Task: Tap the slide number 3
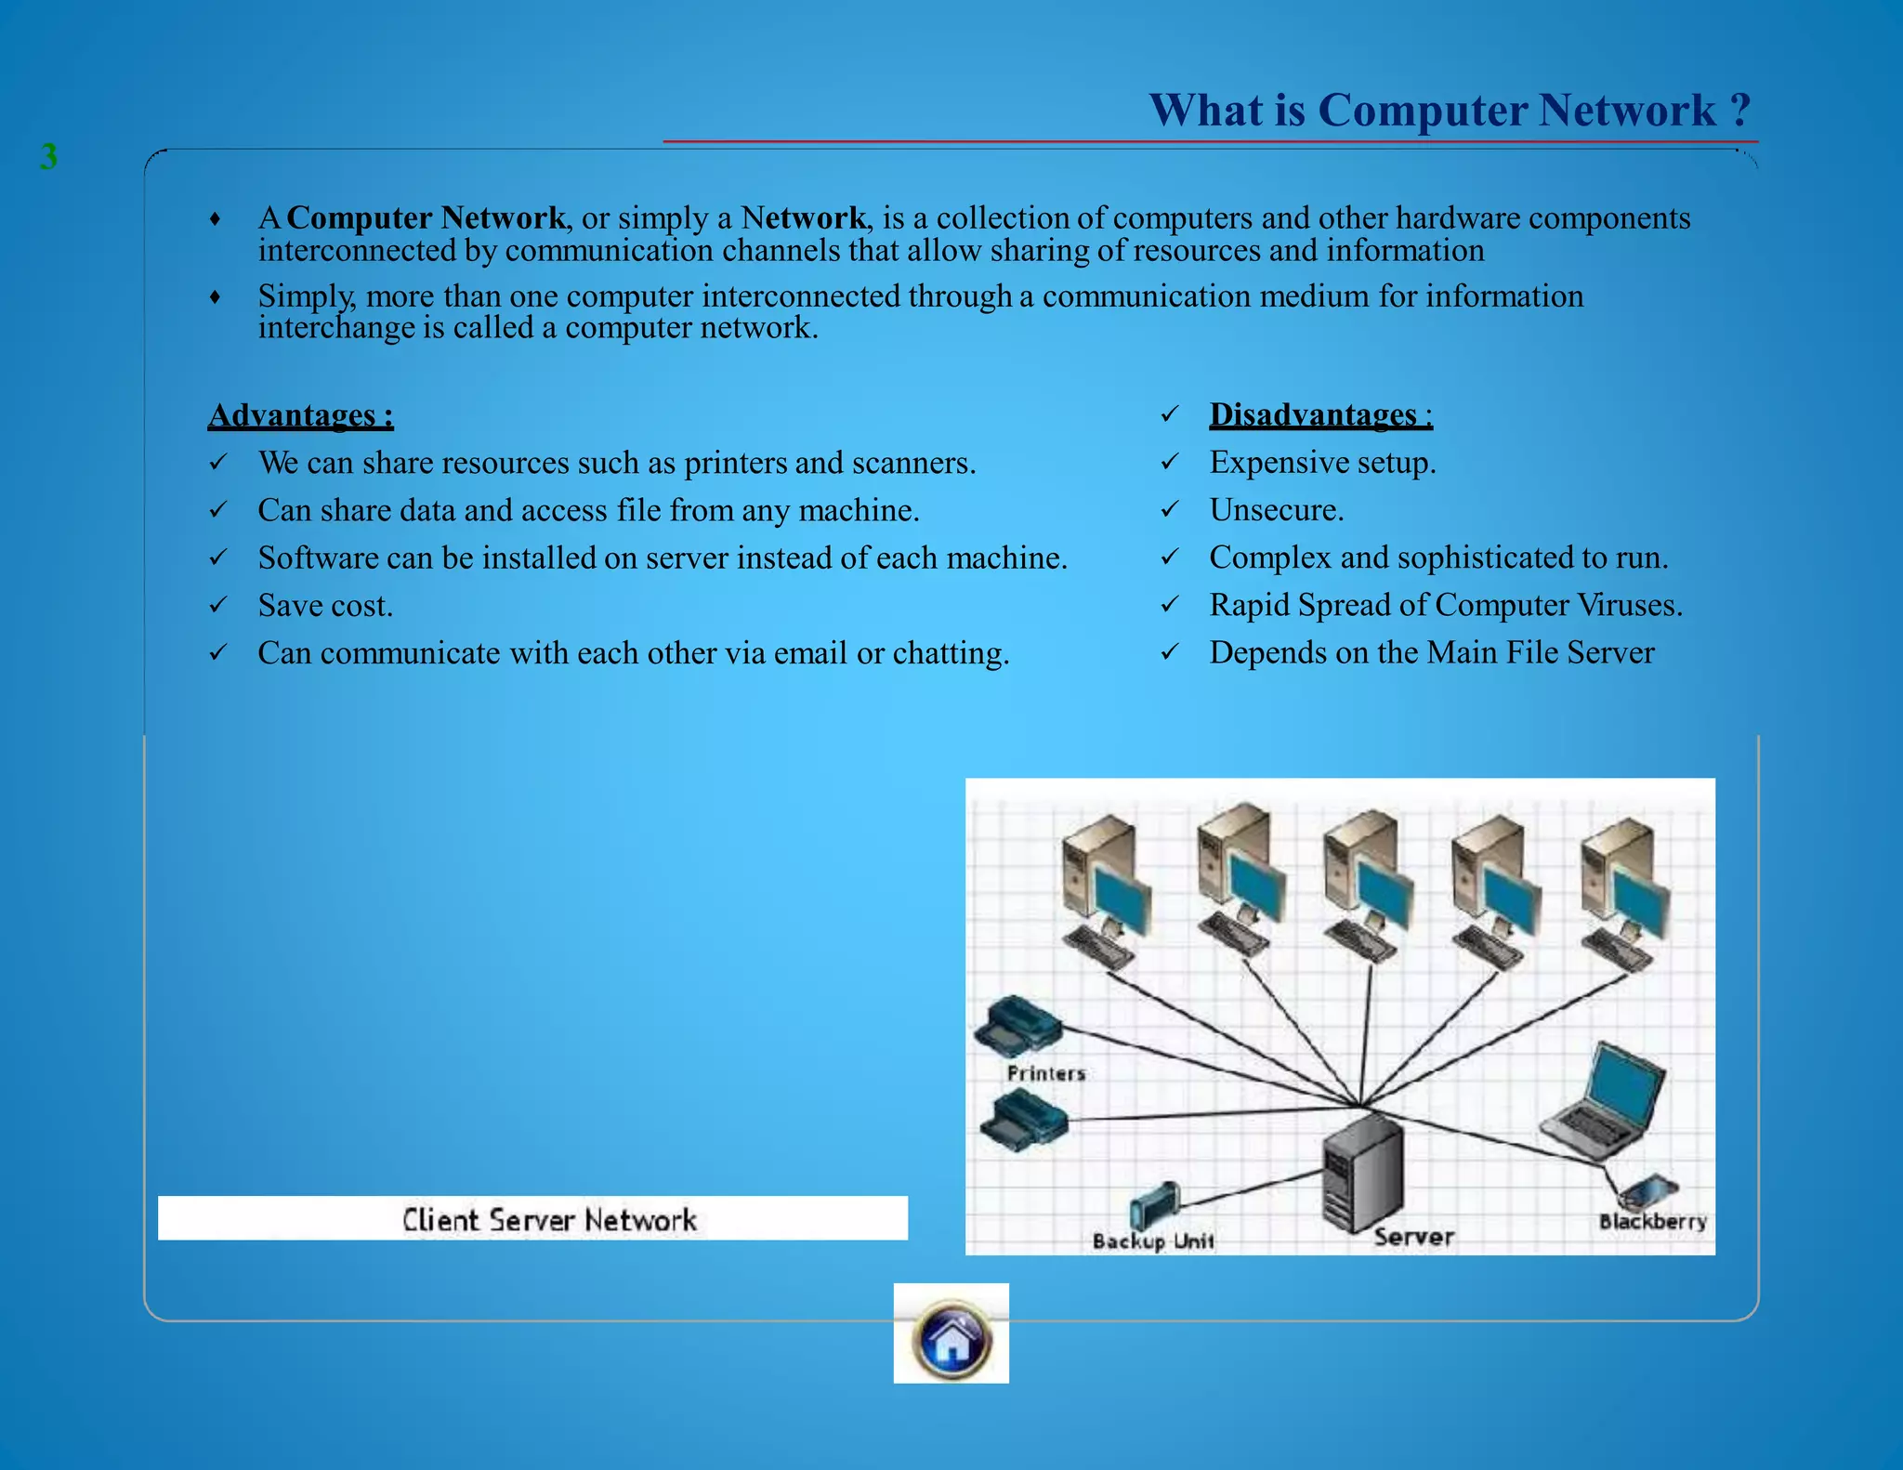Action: (49, 156)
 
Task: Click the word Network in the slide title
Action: (1627, 111)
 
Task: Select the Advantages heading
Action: (300, 414)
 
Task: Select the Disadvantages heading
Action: (1319, 413)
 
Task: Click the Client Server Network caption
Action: (548, 1219)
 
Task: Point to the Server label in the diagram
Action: (1413, 1237)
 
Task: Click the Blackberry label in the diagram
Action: (1652, 1221)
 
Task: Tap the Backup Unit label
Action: (1152, 1240)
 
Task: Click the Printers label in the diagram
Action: (1045, 1073)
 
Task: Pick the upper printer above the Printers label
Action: (1017, 1026)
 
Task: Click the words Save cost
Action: (325, 606)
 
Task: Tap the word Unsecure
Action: (1276, 510)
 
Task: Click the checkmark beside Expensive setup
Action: (1170, 462)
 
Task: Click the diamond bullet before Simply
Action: (216, 297)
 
